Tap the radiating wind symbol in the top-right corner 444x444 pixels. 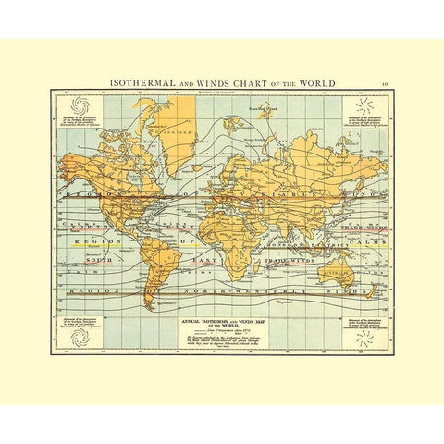[364, 103]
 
